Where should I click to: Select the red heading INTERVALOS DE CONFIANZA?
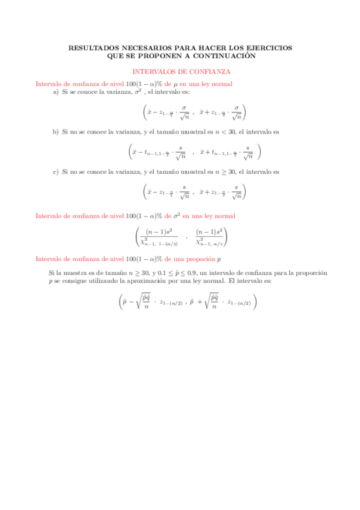[180, 71]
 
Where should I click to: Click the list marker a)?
[56, 92]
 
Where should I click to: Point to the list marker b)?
[56, 132]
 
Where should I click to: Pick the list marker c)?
[56, 171]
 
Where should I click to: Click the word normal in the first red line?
[222, 84]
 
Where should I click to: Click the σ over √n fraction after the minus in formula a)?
[184, 112]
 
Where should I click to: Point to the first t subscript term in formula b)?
[158, 153]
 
